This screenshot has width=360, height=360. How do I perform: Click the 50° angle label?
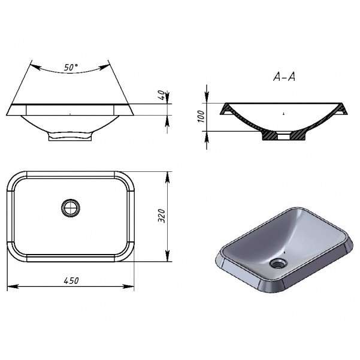coord(71,67)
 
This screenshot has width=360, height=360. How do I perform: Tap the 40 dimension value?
coord(162,95)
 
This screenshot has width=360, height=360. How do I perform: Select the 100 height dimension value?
coord(201,116)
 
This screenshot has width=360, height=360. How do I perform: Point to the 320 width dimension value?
coord(162,216)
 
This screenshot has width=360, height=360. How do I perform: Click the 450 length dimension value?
coord(71,280)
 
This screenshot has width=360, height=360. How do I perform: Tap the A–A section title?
coord(285,77)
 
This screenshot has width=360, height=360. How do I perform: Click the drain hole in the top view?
coord(71,208)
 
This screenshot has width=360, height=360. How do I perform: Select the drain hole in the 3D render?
coord(279,263)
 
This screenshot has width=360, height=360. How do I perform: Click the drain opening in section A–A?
coord(284,136)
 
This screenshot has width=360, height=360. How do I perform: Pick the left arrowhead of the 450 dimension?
coord(13,286)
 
